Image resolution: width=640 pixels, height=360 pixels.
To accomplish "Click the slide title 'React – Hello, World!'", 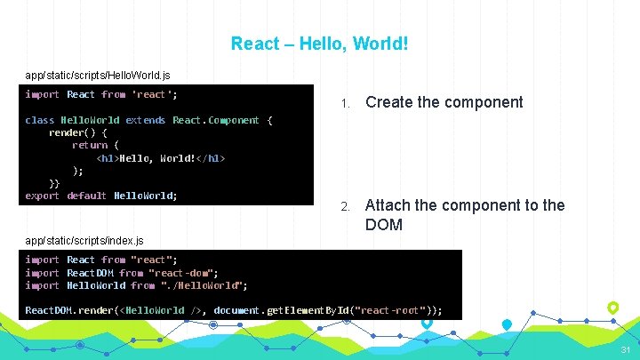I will (319, 43).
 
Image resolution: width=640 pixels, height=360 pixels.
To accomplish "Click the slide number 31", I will (626, 349).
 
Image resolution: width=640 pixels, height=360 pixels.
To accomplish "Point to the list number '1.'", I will (347, 103).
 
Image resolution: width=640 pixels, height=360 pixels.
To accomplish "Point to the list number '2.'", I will (347, 206).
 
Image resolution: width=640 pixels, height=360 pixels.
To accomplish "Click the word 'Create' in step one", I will (388, 102).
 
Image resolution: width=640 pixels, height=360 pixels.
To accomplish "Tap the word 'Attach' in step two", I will (388, 205).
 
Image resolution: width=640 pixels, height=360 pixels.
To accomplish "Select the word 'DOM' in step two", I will (384, 225).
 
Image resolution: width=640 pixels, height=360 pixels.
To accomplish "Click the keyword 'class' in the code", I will (40, 120).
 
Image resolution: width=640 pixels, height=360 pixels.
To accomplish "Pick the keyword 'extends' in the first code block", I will (145, 120).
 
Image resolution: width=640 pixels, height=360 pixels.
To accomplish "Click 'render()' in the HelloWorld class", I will (69, 132).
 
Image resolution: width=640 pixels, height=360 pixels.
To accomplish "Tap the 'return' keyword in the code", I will (90, 145).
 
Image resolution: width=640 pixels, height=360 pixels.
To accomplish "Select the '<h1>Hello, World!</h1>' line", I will (161, 158).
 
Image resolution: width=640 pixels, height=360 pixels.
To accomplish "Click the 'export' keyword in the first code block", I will (43, 196).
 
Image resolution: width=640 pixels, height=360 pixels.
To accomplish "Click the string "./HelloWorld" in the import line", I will (204, 285).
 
